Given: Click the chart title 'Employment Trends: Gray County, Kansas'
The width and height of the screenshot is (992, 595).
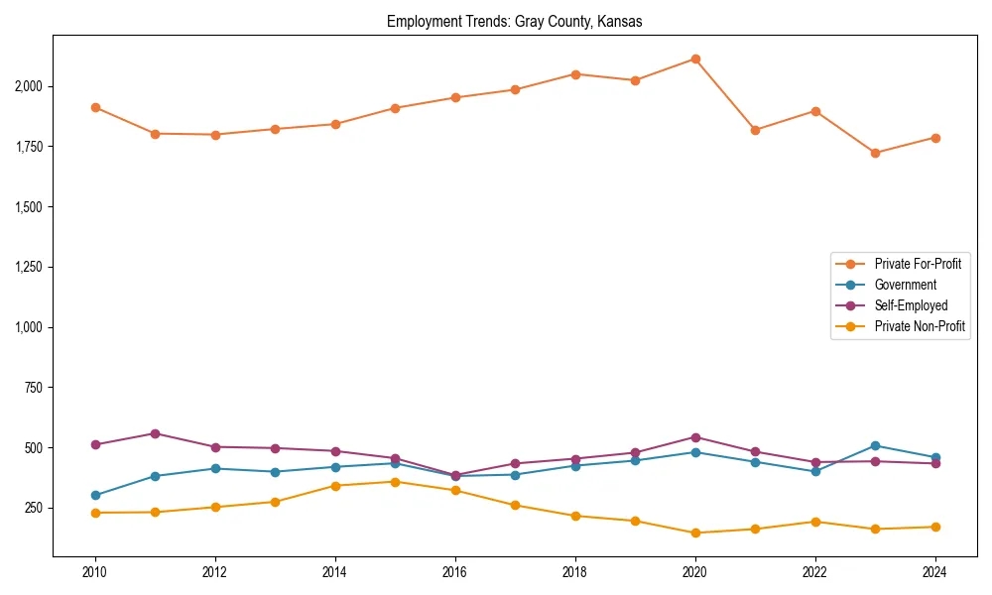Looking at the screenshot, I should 514,22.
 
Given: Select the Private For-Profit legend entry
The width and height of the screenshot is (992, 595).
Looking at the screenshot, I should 917,264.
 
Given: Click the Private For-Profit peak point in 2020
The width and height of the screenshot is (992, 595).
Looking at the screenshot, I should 695,59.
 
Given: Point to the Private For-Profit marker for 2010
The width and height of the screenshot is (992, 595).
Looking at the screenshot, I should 95,107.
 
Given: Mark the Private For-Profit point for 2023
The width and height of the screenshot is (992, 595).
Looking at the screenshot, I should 875,153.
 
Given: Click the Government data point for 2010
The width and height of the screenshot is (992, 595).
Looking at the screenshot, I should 95,495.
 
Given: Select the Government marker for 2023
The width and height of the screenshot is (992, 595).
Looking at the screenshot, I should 875,445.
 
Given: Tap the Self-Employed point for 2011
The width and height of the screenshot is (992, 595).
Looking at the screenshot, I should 156,433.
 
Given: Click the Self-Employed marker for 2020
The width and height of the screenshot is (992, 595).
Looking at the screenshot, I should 695,437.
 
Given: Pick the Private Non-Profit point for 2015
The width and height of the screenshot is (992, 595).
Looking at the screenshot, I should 395,482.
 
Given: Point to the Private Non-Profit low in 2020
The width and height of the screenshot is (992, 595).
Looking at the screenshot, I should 695,533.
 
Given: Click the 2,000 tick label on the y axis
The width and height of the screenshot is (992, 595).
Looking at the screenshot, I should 28,86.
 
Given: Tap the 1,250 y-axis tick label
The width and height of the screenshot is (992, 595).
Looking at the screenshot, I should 28,267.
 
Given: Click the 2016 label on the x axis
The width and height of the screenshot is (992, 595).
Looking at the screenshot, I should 455,572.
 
